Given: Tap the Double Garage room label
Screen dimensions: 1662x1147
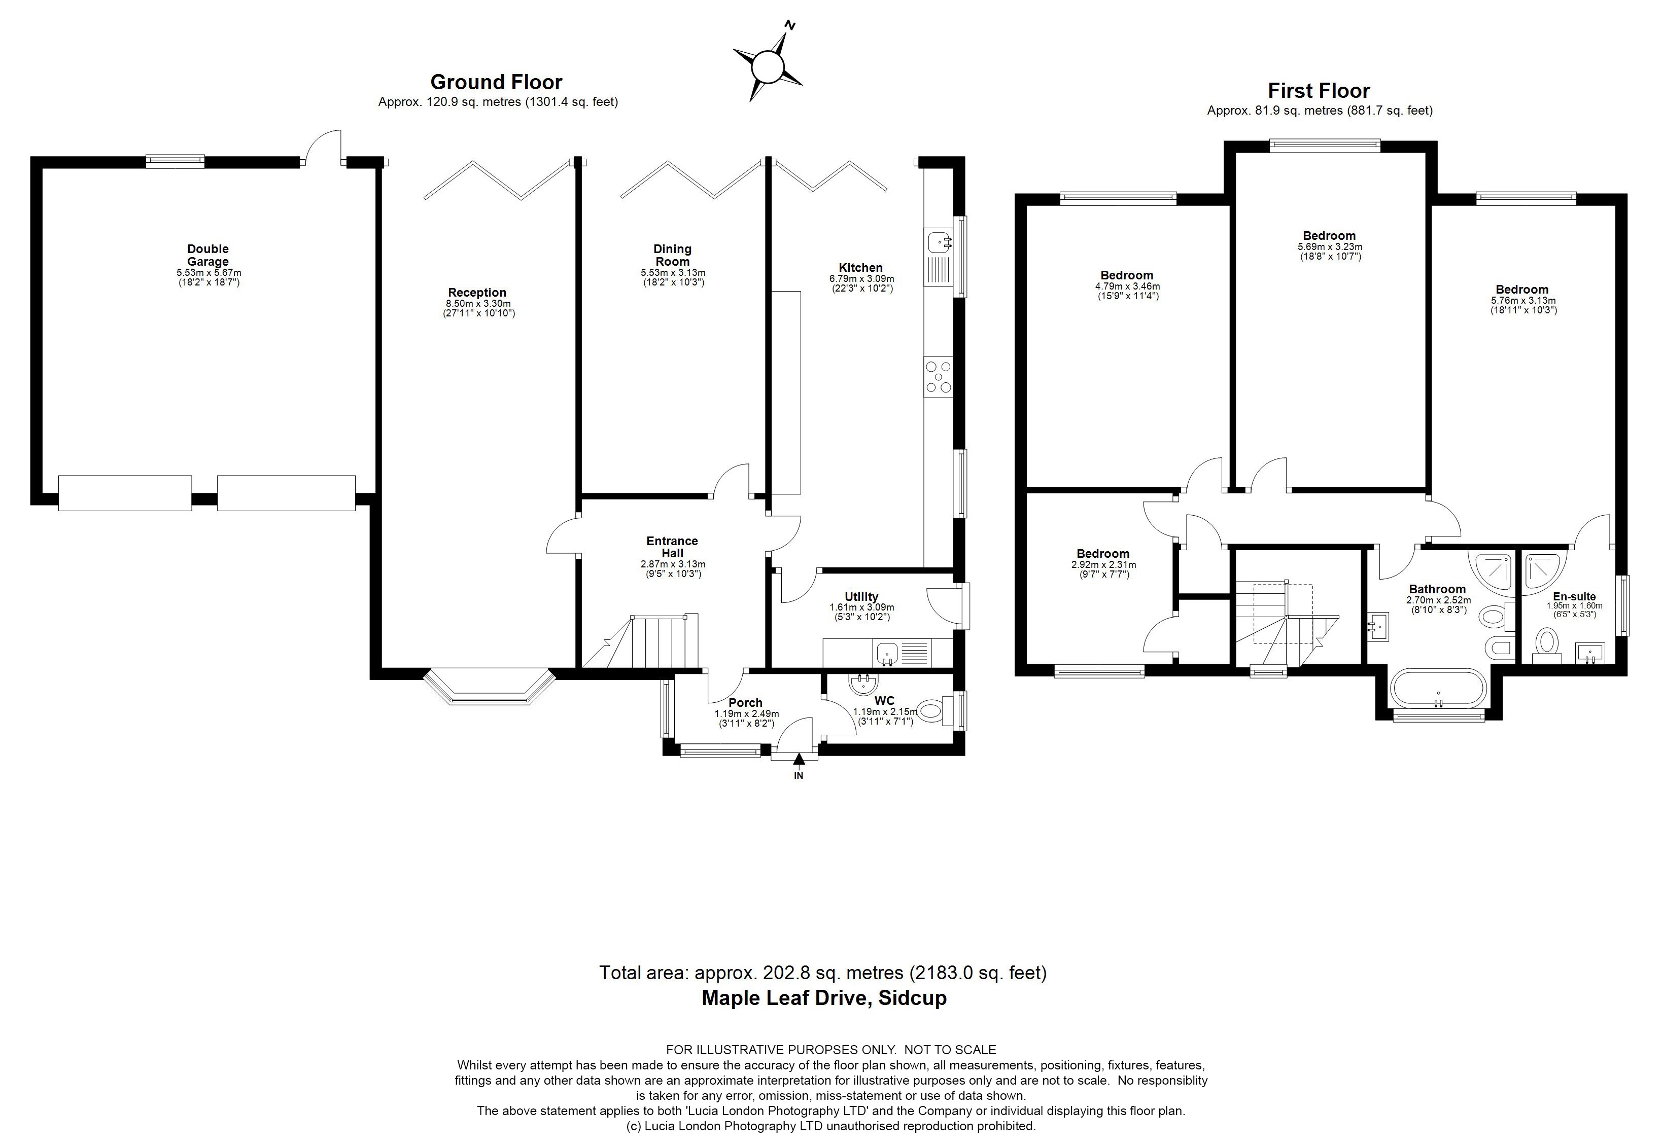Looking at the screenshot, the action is point(209,255).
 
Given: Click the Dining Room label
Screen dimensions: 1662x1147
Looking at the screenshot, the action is point(672,255).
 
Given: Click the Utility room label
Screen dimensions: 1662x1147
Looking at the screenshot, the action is point(861,596).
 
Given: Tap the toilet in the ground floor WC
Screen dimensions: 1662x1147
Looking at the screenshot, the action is point(931,711).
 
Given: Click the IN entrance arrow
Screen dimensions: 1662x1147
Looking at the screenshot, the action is point(799,760).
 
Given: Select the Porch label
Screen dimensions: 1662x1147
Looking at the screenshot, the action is point(745,703).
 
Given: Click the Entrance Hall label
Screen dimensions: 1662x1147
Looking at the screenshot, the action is point(672,547).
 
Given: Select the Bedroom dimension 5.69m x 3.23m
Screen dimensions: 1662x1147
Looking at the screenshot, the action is point(1329,246).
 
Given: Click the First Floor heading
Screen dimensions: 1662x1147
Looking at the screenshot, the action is point(1319,91).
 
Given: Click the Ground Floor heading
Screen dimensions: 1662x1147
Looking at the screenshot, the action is point(497,82).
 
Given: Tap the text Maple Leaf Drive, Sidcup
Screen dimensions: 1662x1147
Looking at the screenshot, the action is point(824,998).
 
